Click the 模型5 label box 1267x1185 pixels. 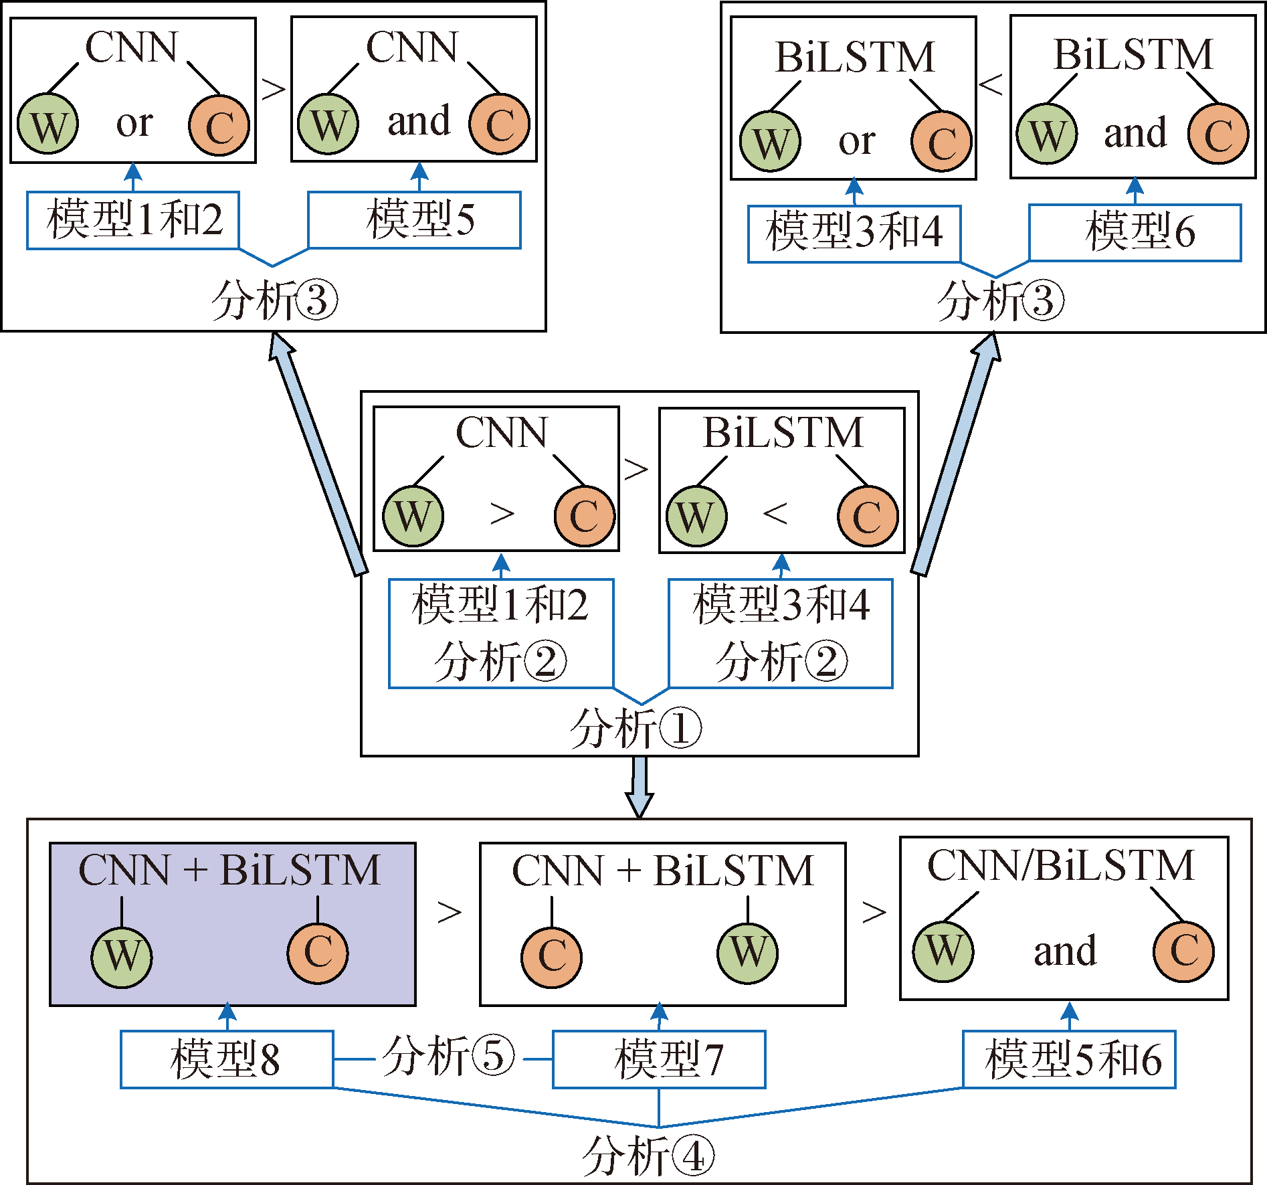click(414, 220)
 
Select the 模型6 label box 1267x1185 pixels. click(1135, 232)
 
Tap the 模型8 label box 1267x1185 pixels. click(227, 1059)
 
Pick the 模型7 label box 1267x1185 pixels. click(659, 1059)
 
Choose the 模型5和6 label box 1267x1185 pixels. click(1069, 1059)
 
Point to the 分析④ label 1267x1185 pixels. click(648, 1156)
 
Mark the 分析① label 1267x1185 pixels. click(636, 729)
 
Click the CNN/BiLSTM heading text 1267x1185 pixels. click(1061, 866)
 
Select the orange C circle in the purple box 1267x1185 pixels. click(318, 953)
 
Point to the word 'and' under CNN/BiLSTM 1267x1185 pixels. click(1065, 951)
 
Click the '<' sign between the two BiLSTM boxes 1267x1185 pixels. click(991, 85)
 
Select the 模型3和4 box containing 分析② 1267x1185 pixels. click(781, 633)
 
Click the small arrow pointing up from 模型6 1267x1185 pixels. click(1135, 190)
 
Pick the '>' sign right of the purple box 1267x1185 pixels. click(450, 912)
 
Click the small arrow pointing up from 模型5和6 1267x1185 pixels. click(1070, 1016)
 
